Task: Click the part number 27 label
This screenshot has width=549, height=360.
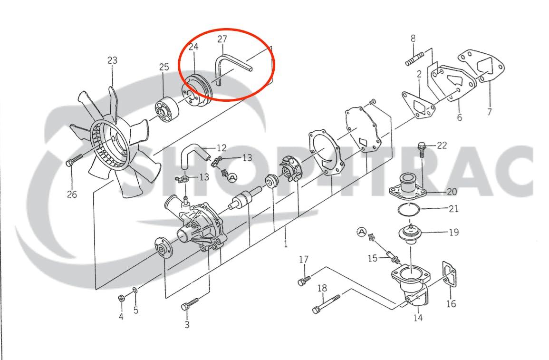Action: click(x=222, y=39)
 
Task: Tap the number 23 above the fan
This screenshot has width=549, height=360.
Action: click(x=112, y=60)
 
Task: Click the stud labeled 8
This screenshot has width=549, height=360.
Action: click(x=415, y=59)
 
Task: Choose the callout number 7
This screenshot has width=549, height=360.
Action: click(x=490, y=112)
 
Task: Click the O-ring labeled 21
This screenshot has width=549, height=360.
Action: click(x=409, y=210)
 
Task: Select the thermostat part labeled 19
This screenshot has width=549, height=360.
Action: click(x=409, y=234)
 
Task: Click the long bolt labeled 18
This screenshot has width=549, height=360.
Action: click(x=327, y=304)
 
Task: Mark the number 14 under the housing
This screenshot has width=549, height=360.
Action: click(x=418, y=318)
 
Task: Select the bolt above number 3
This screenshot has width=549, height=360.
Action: click(x=190, y=304)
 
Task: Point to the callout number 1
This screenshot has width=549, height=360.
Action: click(x=286, y=244)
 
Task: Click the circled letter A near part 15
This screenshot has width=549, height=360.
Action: click(x=362, y=232)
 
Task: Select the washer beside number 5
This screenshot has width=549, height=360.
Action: click(x=135, y=290)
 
